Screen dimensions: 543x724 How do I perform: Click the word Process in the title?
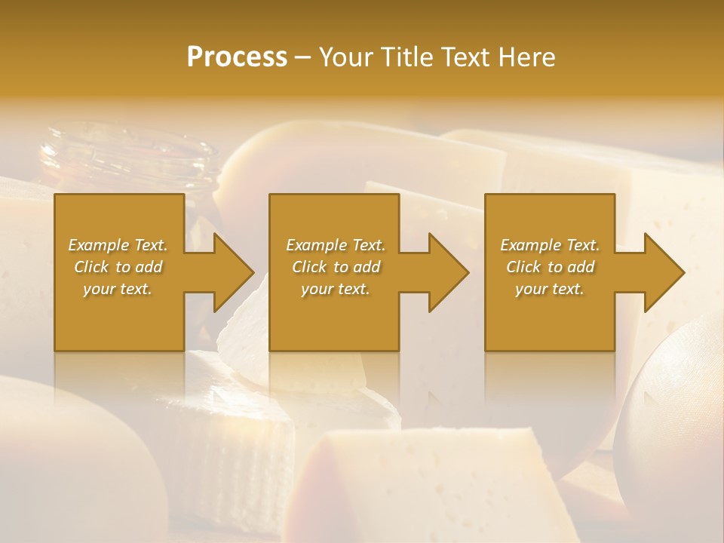coord(237,57)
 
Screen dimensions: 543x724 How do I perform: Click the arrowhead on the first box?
coord(230,272)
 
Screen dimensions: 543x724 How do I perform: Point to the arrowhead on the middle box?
coord(445,272)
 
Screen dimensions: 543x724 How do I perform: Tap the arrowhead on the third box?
coord(661,272)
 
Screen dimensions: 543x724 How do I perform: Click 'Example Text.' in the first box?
coord(118,245)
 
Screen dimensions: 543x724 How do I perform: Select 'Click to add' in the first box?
coord(118,267)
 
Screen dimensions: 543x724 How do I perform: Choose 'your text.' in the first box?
coord(118,289)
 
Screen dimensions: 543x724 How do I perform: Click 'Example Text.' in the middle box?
coord(335,245)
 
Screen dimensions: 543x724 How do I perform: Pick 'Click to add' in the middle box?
coord(335,267)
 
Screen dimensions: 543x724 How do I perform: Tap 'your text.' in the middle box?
coord(335,289)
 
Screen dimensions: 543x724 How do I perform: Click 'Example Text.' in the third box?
coord(550,245)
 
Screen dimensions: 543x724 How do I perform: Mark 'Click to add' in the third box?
coord(550,267)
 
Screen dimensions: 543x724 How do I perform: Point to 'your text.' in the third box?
coord(550,289)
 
